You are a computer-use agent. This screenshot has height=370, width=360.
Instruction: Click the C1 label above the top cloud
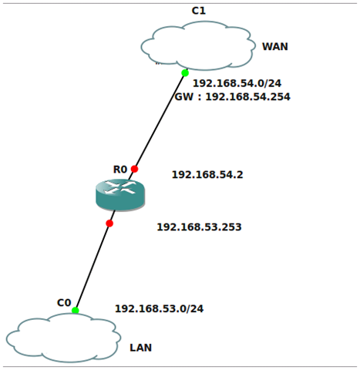[x=199, y=11]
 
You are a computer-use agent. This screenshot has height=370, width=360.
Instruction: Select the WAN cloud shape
[x=198, y=45]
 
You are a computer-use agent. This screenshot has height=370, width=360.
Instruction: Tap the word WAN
[x=274, y=46]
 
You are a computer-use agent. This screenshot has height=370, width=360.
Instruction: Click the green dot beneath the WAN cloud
[x=185, y=73]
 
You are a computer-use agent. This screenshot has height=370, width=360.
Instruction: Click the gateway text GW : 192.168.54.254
[x=232, y=97]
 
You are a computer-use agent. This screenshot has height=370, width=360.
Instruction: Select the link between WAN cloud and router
[x=160, y=119]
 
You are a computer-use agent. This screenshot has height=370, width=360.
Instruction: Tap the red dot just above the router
[x=134, y=169]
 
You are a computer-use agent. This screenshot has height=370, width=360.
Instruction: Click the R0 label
[x=119, y=170]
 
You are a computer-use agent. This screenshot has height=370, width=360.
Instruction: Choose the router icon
[x=120, y=195]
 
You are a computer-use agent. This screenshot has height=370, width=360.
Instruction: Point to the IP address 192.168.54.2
[x=207, y=175]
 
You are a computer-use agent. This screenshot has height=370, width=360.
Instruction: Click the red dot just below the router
[x=109, y=224]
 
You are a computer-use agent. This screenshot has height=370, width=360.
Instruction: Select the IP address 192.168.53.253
[x=199, y=227]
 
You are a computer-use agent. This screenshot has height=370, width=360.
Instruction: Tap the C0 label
[x=64, y=302]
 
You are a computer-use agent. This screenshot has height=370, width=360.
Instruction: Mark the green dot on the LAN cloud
[x=76, y=311]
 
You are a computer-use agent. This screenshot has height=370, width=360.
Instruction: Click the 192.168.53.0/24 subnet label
[x=159, y=308]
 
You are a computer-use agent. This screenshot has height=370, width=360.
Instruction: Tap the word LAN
[x=140, y=348]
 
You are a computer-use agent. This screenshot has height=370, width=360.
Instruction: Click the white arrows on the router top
[x=120, y=187]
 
